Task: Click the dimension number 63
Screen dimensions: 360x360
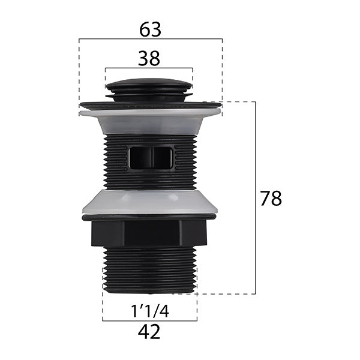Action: tap(151, 30)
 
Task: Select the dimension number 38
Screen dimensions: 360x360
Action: tap(149, 59)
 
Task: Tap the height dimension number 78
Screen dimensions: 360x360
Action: tap(271, 199)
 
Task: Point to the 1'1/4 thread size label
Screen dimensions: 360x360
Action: tap(150, 311)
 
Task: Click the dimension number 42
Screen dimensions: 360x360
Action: tap(149, 332)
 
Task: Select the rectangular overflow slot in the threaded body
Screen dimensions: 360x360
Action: tap(151, 158)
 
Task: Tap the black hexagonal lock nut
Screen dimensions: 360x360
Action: tap(149, 234)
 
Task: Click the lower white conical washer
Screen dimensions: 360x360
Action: tap(149, 202)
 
